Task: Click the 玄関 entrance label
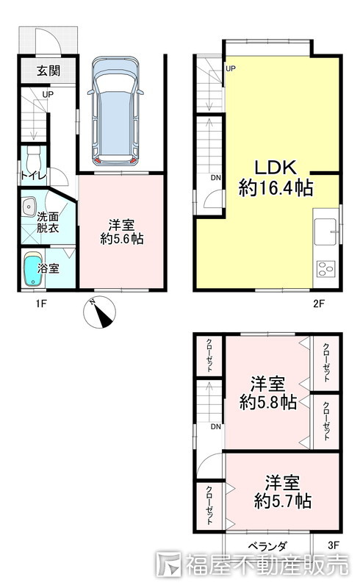[x=48, y=71]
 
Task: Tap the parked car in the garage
[x=115, y=111]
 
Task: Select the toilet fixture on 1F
[x=33, y=160]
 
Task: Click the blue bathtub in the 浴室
[x=33, y=269]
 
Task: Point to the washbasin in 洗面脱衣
[x=29, y=207]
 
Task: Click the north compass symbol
[x=99, y=312]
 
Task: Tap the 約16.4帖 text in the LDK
[x=276, y=188]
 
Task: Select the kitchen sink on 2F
[x=325, y=232]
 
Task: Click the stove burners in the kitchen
[x=325, y=269]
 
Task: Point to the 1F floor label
[x=41, y=304]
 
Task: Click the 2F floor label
[x=318, y=304]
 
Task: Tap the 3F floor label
[x=334, y=545]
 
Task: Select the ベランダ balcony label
[x=267, y=546]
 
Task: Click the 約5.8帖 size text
[x=267, y=402]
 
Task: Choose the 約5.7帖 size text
[x=282, y=501]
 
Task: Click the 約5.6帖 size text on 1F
[x=122, y=239]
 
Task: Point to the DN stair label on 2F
[x=215, y=178]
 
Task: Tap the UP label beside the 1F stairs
[x=48, y=95]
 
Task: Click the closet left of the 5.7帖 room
[x=209, y=505]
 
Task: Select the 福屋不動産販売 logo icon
[x=168, y=564]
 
